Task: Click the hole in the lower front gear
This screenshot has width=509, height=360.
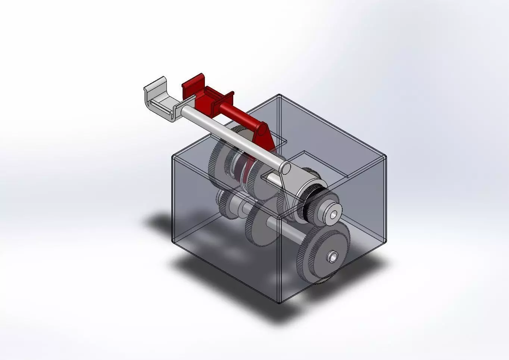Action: coord(332,257)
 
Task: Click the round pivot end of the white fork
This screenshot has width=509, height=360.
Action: coord(286,169)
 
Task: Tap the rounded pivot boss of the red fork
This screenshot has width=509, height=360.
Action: coord(263,130)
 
